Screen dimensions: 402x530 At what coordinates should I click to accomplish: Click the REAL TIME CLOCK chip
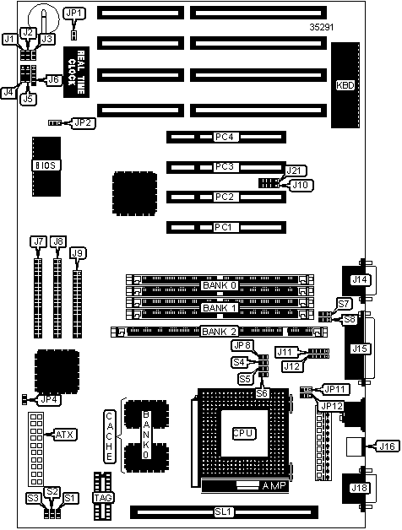pyautogui.click(x=77, y=72)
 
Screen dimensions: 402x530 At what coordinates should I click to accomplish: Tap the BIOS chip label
pyautogui.click(x=46, y=165)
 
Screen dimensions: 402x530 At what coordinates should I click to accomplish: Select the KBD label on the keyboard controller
pyautogui.click(x=345, y=85)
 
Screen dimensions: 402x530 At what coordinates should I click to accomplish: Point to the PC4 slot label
pyautogui.click(x=225, y=137)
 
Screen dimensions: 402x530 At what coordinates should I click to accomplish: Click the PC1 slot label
pyautogui.click(x=223, y=227)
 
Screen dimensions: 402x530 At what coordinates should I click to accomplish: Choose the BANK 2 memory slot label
pyautogui.click(x=220, y=332)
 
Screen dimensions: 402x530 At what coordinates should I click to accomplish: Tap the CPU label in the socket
pyautogui.click(x=243, y=433)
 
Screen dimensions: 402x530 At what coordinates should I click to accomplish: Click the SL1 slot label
pyautogui.click(x=223, y=512)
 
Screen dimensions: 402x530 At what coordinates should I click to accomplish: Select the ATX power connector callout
pyautogui.click(x=64, y=435)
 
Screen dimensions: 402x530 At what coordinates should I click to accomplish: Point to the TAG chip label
pyautogui.click(x=103, y=498)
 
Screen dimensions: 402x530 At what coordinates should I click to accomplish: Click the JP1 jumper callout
pyautogui.click(x=74, y=14)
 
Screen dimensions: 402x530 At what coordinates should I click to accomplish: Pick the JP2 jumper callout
pyautogui.click(x=84, y=122)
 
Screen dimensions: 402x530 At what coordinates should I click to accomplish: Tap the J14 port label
pyautogui.click(x=360, y=279)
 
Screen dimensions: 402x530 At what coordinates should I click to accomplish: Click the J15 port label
pyautogui.click(x=360, y=349)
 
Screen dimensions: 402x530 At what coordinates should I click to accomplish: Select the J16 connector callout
pyautogui.click(x=387, y=446)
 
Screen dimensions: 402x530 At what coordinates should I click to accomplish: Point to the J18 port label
pyautogui.click(x=359, y=488)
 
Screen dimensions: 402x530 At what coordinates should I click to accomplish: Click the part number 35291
pyautogui.click(x=322, y=27)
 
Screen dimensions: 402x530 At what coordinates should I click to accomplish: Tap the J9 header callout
pyautogui.click(x=78, y=253)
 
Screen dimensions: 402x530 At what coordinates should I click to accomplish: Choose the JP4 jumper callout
pyautogui.click(x=49, y=400)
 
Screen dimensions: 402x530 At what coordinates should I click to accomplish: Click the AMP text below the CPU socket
pyautogui.click(x=274, y=486)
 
